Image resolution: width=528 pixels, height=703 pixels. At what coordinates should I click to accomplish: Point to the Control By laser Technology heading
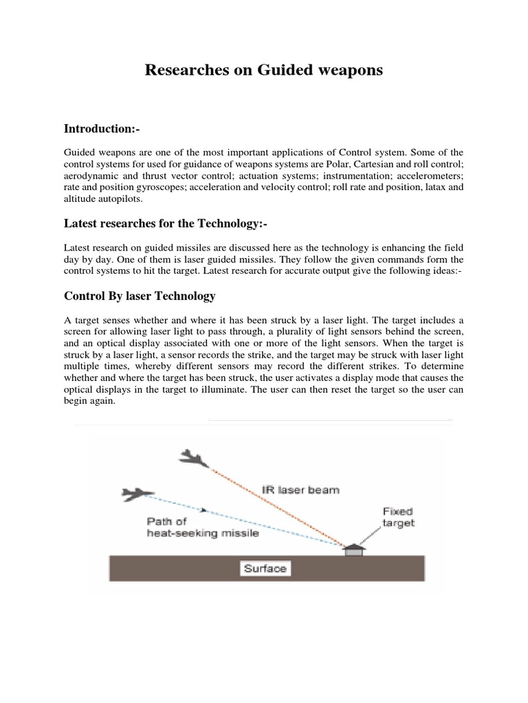[140, 296]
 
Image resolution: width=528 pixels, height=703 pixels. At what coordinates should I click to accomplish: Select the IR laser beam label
[291, 491]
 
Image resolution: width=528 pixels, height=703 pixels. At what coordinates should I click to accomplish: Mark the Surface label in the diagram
[264, 568]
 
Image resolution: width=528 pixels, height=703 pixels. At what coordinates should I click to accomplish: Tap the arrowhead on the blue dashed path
[204, 509]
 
